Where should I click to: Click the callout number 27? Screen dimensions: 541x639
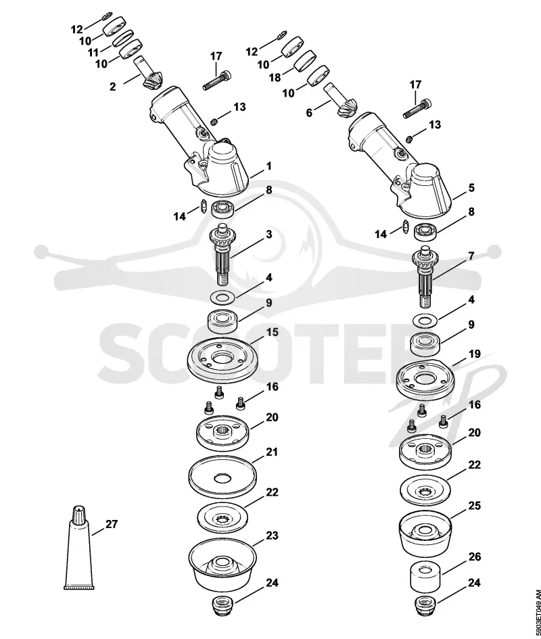click(x=112, y=524)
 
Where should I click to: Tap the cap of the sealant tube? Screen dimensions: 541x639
click(x=78, y=515)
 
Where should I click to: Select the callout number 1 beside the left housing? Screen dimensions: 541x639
click(x=268, y=166)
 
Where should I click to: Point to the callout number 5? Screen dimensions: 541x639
click(x=471, y=188)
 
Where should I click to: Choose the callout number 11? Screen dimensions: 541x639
click(x=93, y=53)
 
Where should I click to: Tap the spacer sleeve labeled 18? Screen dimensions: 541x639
click(x=306, y=62)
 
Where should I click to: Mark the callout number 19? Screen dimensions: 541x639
click(x=474, y=354)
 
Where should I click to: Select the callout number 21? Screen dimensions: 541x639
click(x=272, y=452)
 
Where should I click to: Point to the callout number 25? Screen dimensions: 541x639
click(x=474, y=505)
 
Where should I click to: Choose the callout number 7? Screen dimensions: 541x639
click(x=471, y=256)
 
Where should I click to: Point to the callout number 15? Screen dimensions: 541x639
click(x=272, y=332)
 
